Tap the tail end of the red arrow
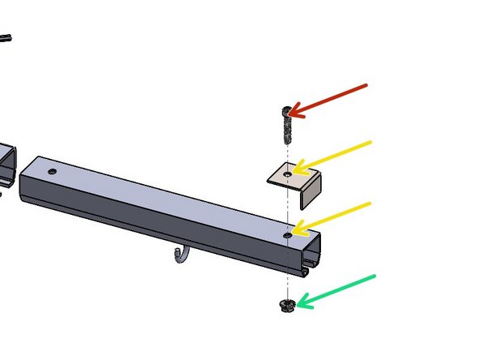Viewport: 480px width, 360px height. click(366, 84)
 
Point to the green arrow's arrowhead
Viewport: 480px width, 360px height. click(297, 305)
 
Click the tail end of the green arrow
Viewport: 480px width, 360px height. click(375, 276)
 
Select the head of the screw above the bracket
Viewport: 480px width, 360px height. click(286, 111)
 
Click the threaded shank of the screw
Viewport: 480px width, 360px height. click(286, 128)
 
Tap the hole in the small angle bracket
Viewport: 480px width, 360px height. click(287, 173)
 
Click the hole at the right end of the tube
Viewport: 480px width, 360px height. click(288, 234)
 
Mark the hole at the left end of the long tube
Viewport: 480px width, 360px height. click(53, 172)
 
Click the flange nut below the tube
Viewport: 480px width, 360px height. click(286, 306)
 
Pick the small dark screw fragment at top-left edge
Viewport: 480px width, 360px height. click(5, 37)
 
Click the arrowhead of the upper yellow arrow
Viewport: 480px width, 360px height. click(294, 171)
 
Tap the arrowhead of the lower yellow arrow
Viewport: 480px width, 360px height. click(294, 231)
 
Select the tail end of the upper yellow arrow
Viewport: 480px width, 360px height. click(371, 143)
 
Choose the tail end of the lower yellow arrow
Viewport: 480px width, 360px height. click(371, 203)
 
